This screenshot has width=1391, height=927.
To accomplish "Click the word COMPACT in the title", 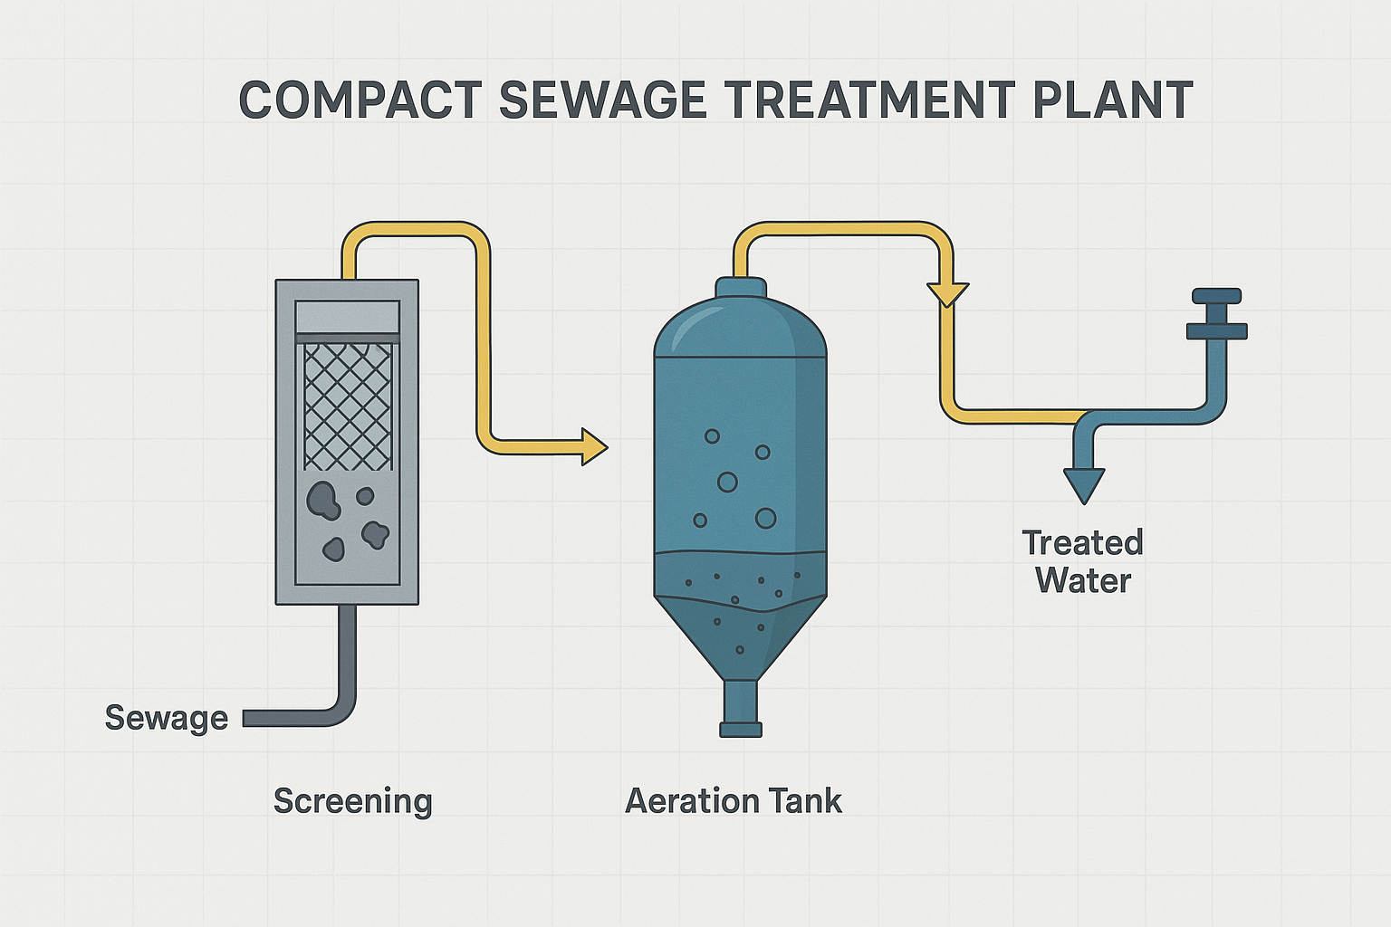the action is click(x=360, y=100).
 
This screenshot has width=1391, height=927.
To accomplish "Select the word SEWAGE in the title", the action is click(x=601, y=100).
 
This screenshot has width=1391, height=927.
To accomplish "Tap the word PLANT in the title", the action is click(x=1112, y=100).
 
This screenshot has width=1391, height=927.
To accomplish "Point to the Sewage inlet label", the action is click(x=167, y=719).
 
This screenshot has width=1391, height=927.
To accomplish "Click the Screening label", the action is click(x=352, y=801).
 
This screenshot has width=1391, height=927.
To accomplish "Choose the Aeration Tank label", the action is click(x=734, y=801).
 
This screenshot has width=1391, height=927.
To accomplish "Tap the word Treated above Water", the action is click(x=1082, y=542).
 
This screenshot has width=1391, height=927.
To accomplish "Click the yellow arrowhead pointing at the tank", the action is click(x=594, y=446).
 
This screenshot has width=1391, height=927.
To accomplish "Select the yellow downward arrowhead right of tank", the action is click(x=947, y=294).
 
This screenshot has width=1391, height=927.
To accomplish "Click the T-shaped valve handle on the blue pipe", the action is click(x=1216, y=313).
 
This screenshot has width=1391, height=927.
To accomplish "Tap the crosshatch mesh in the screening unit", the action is click(x=348, y=407).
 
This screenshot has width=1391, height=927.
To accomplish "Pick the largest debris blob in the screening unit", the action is click(x=323, y=501).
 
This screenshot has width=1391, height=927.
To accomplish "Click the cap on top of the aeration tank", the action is click(x=741, y=288).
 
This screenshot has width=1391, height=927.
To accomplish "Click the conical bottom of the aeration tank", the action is click(x=741, y=638).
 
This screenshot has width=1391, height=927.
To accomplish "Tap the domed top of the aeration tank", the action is click(x=741, y=326).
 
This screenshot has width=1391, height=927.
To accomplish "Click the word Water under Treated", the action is click(x=1084, y=581).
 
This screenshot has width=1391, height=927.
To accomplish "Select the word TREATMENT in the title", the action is click(x=869, y=100).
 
